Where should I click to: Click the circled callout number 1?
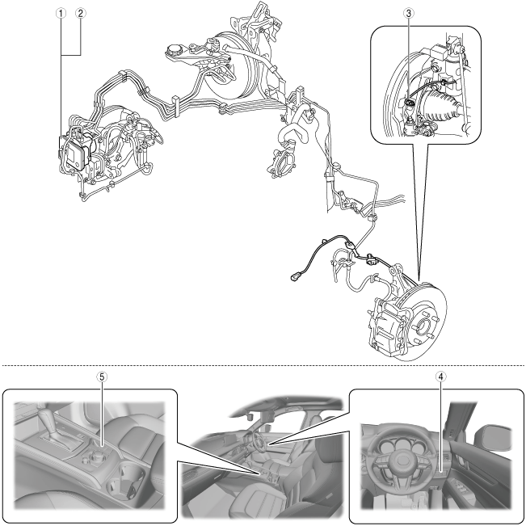coord(61,14)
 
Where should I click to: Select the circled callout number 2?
coord(81,14)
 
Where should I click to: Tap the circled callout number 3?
coord(409,14)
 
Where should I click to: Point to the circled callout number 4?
coord(441,377)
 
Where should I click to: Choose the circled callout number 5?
coord(102,377)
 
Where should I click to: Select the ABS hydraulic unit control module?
coord(78,153)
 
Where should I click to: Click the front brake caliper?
coord(389,327)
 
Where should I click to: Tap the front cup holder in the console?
coord(132,473)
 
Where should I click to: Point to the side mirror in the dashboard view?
coord(494,438)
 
